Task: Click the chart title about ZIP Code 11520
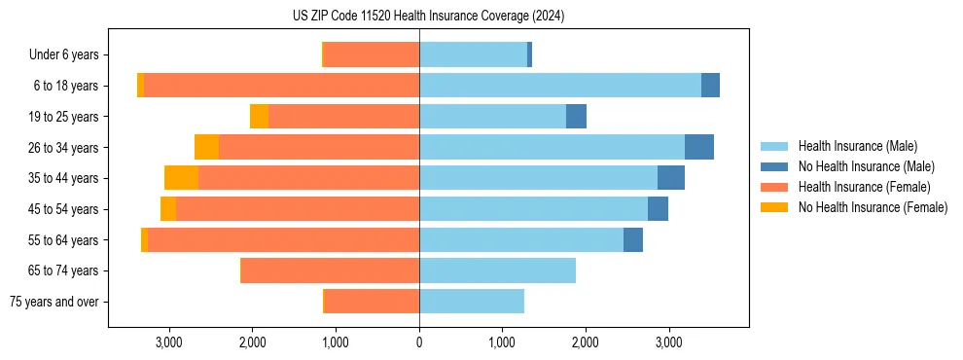click(428, 17)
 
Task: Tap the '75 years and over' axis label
click(54, 302)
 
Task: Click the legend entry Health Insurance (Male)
click(856, 146)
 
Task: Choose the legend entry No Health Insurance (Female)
click(872, 207)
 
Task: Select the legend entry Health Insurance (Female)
click(864, 187)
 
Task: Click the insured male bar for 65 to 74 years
click(497, 270)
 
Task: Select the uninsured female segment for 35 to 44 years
click(181, 178)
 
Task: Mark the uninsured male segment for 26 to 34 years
click(698, 147)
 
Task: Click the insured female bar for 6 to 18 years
click(281, 86)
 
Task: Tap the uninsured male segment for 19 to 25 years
click(576, 117)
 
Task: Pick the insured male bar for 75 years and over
click(472, 302)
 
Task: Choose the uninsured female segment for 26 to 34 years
click(206, 147)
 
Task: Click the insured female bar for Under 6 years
click(372, 54)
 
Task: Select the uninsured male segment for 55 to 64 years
click(632, 239)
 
